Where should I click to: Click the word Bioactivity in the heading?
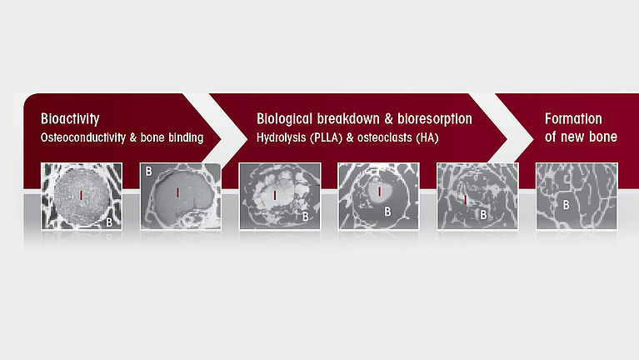click(70, 119)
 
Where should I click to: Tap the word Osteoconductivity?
click(83, 137)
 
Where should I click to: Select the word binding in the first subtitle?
click(186, 137)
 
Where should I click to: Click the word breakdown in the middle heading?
click(348, 118)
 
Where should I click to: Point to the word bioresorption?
click(435, 118)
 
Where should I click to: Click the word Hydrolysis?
click(282, 137)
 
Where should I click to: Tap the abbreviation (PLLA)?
click(326, 137)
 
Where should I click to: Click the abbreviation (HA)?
click(427, 137)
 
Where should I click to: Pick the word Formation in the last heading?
click(573, 118)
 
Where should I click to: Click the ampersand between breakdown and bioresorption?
click(389, 119)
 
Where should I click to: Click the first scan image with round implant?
click(82, 196)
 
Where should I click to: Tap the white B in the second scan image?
click(149, 171)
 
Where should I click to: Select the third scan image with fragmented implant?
click(280, 196)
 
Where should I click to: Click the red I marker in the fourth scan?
click(379, 191)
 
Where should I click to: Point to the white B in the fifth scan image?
click(483, 214)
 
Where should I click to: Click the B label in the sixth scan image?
click(566, 205)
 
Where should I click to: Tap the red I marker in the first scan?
click(81, 195)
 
